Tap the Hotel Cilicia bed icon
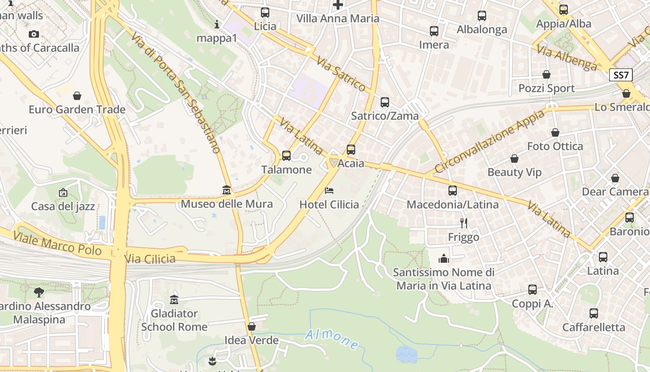point(329,191)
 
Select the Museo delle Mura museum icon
point(227,190)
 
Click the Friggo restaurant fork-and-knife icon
point(463,223)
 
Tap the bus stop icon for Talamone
point(286,156)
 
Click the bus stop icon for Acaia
point(351,150)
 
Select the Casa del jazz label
point(63,206)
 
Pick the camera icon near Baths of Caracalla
point(33,34)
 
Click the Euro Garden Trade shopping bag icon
point(77,96)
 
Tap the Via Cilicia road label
point(150,258)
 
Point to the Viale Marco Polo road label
point(58,244)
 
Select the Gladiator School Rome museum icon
point(174,299)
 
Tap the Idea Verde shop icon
point(252,326)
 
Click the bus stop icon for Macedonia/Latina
point(453,191)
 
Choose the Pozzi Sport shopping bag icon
point(546,74)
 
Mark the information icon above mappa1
point(217,24)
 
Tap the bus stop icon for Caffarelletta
point(594,313)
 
